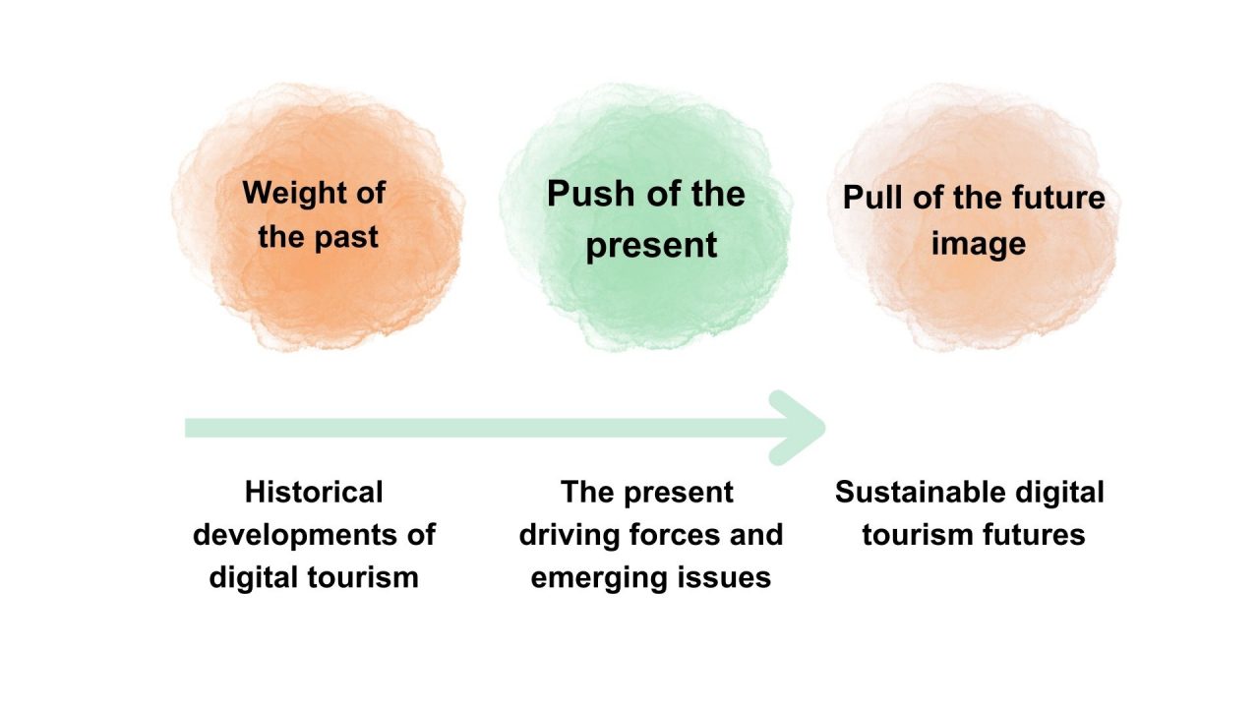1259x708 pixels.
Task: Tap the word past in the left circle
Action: pos(346,238)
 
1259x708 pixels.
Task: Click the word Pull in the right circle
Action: pos(872,198)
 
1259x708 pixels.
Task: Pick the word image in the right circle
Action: pos(979,245)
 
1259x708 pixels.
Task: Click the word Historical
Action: pos(314,493)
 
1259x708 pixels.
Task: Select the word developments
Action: pos(291,535)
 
